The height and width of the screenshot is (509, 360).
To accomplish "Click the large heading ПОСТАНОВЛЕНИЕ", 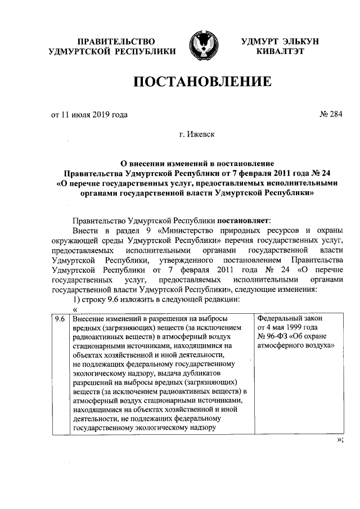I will pos(202,83).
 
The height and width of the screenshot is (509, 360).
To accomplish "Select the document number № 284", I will pos(331,115).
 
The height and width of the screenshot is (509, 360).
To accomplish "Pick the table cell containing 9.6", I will pos(59,319).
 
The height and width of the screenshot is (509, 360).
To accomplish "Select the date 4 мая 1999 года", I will pos(292,328).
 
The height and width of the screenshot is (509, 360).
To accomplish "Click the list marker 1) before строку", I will pos(78,299).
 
